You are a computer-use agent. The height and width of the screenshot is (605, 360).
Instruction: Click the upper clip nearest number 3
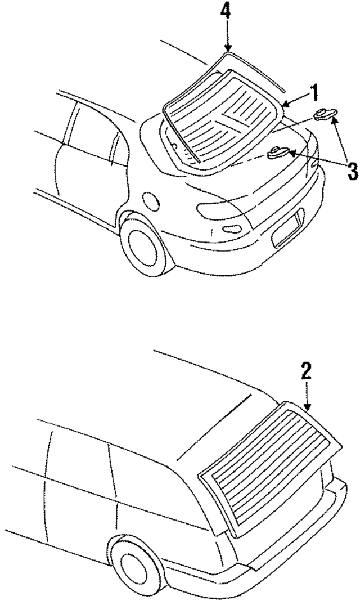click(326, 115)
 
